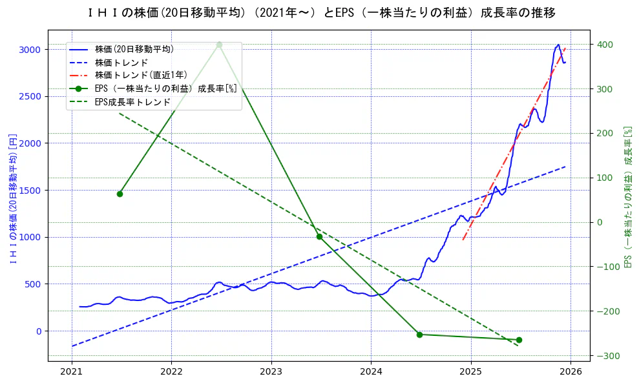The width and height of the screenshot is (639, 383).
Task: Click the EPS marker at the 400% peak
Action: (219, 45)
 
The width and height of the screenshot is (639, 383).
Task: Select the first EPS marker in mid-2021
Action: (120, 194)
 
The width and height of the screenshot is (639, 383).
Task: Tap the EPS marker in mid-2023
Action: (319, 236)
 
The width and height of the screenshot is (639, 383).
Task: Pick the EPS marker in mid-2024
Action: (419, 335)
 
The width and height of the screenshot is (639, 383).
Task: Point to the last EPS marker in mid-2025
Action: (519, 340)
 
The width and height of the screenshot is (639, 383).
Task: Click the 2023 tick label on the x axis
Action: (271, 372)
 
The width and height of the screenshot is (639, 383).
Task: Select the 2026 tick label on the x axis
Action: (571, 372)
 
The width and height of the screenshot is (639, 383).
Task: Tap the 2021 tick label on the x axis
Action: (71, 372)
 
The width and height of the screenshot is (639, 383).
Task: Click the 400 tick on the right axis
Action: (605, 45)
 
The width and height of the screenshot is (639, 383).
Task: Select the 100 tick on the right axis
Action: (605, 178)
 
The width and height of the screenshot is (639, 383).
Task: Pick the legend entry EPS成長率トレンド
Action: (132, 102)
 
